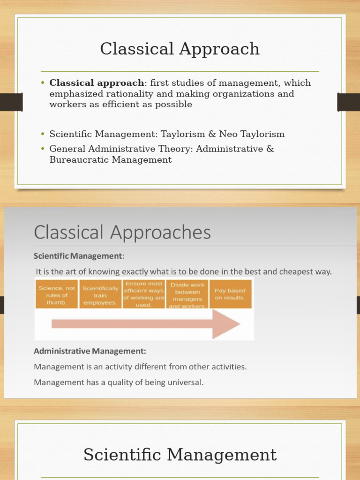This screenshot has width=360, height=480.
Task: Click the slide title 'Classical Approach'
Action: coord(180,49)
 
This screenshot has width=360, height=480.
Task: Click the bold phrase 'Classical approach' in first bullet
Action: coord(97,83)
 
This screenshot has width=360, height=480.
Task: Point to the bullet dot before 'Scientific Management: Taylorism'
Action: coord(43,135)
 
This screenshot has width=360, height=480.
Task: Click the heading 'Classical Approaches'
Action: coord(122,232)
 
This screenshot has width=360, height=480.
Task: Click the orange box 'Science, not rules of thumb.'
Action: coord(57,295)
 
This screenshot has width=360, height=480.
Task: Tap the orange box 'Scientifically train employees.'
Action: coord(100,295)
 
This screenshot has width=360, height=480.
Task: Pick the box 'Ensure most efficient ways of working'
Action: coord(144,294)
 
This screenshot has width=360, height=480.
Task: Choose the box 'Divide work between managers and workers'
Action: coord(187,295)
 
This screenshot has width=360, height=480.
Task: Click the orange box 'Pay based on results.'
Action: coord(230,294)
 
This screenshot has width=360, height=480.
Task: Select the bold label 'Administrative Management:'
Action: coord(90,351)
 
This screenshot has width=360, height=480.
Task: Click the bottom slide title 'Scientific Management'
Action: coord(180,455)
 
